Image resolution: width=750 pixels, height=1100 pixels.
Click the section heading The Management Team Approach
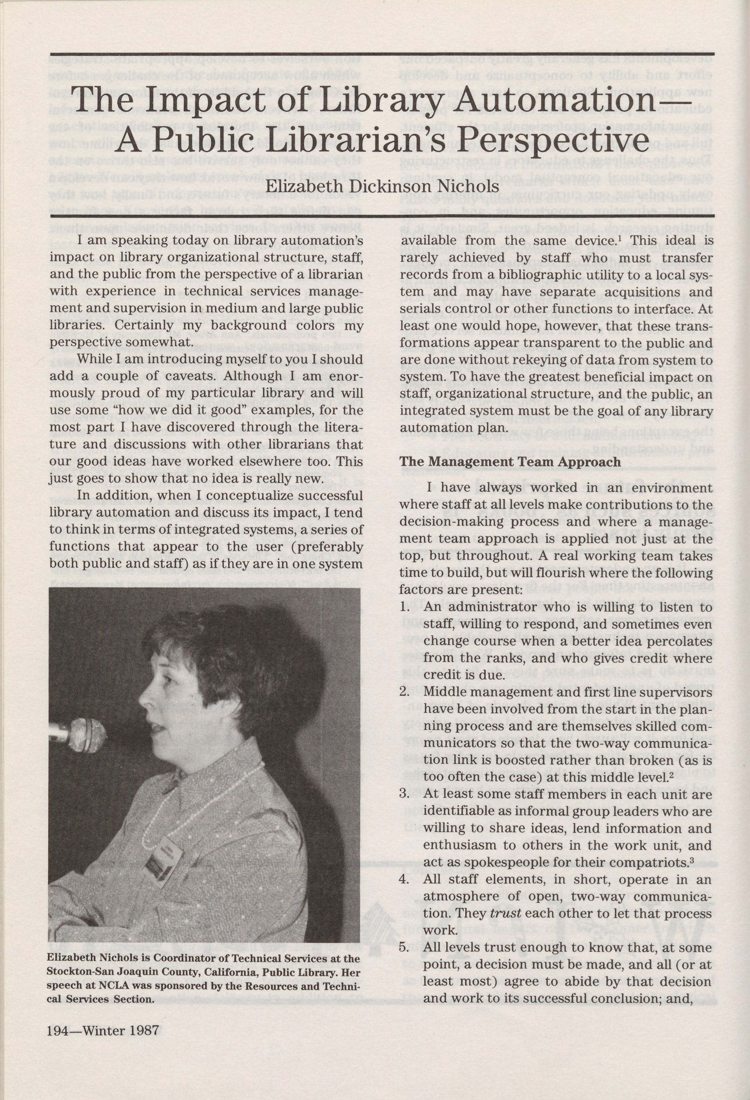coord(510,462)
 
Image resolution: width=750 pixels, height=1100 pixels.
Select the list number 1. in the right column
coord(404,607)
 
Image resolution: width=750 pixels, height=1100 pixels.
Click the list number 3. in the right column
coord(404,794)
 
